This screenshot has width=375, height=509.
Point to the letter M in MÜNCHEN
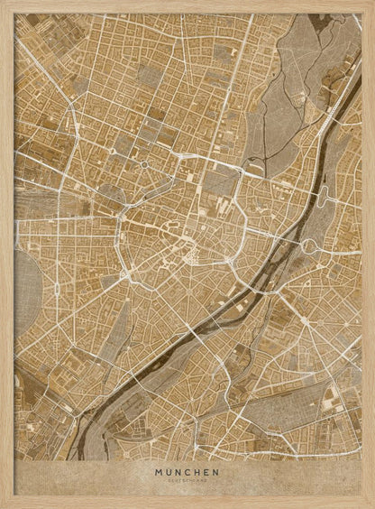point(159,470)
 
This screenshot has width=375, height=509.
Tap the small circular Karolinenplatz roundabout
point(142,165)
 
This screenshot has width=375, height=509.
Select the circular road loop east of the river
point(309,245)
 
